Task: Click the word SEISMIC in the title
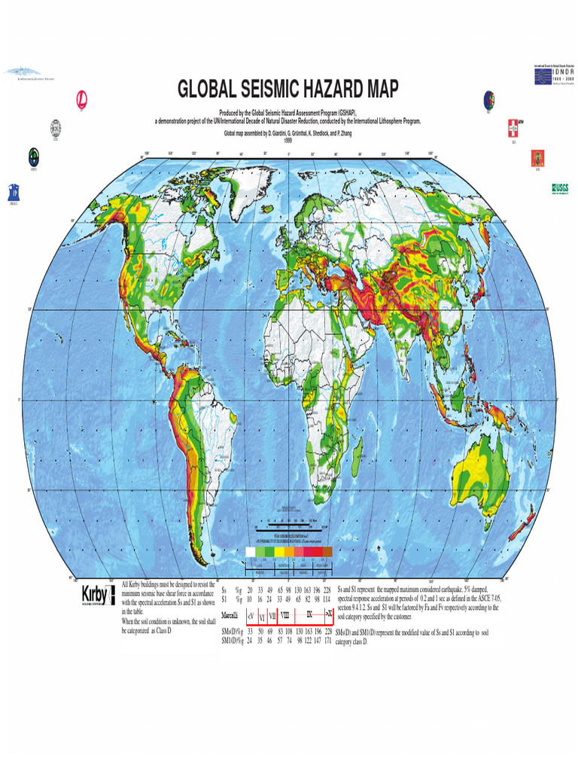pyautogui.click(x=246, y=90)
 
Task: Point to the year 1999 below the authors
pyautogui.click(x=288, y=141)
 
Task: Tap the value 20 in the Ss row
pyautogui.click(x=249, y=589)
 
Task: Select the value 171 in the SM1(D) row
pyautogui.click(x=327, y=640)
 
